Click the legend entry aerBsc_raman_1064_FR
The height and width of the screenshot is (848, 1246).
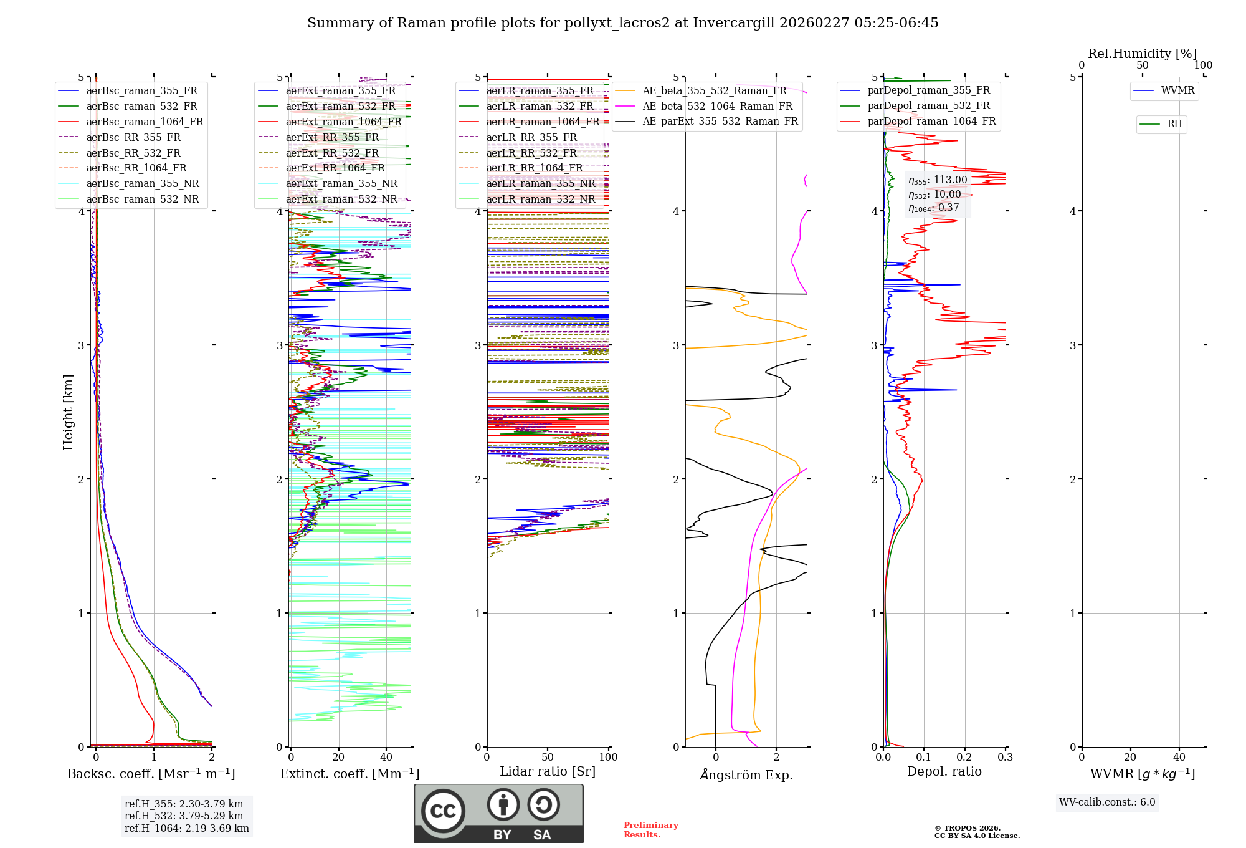pos(145,122)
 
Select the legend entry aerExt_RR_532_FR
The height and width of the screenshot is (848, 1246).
pos(332,153)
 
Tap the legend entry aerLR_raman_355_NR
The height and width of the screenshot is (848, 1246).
pos(541,184)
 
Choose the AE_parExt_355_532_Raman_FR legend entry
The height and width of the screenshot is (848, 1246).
pos(720,122)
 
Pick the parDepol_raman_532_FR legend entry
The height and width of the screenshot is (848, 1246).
pos(928,106)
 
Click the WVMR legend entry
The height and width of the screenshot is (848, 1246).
pos(1177,90)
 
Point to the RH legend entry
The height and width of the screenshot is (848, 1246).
pos(1174,124)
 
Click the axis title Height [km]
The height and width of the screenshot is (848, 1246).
pos(68,412)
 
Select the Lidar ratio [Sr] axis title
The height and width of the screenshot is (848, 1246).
pos(548,771)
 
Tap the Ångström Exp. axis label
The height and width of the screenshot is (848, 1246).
pos(746,774)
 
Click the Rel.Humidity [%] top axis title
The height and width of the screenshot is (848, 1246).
pos(1142,54)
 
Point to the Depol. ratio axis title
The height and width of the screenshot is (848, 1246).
pos(944,771)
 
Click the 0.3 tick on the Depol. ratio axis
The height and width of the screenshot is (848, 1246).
pos(1005,758)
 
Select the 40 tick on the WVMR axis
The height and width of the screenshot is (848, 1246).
pos(1179,758)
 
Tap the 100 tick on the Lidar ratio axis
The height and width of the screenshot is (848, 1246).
pos(608,758)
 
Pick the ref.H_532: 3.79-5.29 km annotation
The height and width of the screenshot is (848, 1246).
pos(184,816)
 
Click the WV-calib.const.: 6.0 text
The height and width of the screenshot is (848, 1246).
pos(1107,802)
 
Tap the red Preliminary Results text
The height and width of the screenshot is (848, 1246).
pos(650,830)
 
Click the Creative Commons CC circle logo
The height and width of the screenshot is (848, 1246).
pos(443,811)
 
